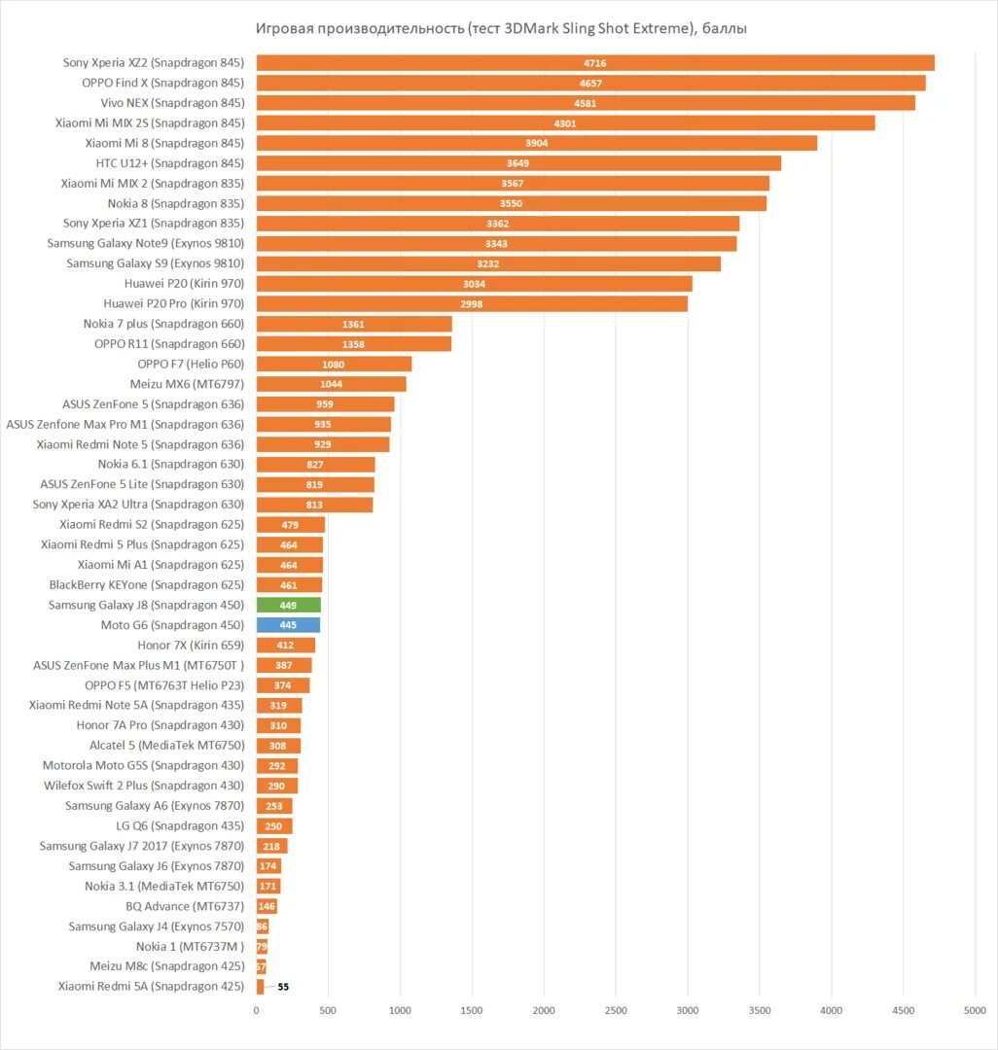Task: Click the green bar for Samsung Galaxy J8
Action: click(289, 605)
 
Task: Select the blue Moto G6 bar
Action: click(288, 625)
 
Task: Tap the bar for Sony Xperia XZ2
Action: click(595, 63)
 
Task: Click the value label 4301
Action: click(565, 123)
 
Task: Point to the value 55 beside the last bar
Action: click(283, 987)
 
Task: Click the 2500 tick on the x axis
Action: click(616, 1011)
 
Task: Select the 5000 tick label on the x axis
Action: click(975, 1011)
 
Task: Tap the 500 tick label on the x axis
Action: click(328, 1011)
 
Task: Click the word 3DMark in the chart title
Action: click(533, 28)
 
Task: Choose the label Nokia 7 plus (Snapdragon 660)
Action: click(163, 324)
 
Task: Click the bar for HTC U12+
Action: click(518, 163)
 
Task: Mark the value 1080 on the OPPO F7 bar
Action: click(334, 364)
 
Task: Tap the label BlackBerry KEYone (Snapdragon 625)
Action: click(146, 585)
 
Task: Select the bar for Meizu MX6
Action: click(332, 384)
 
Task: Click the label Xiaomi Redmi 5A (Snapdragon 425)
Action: click(151, 987)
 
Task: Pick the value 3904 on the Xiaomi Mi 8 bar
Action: click(537, 143)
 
